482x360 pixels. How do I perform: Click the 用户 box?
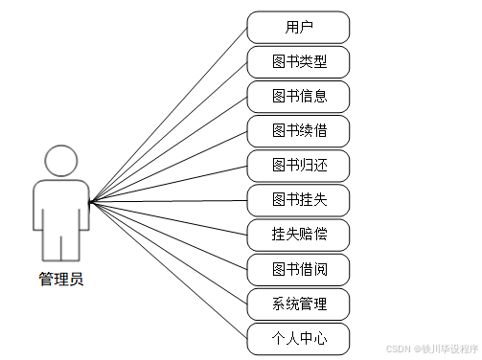[x=299, y=27]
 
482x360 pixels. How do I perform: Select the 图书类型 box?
[x=299, y=62]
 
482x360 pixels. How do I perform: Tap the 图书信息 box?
[x=299, y=97]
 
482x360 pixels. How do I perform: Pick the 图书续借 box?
[x=299, y=131]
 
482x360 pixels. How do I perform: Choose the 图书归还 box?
[x=299, y=166]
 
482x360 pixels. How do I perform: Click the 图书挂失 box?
[x=299, y=200]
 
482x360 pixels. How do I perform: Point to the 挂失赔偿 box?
[x=299, y=235]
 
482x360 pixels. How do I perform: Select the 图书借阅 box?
[x=299, y=269]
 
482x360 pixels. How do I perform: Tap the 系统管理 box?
[x=299, y=304]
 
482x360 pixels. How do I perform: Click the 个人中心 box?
[x=299, y=339]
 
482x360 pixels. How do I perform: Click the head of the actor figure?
[x=61, y=160]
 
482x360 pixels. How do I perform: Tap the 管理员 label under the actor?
[x=61, y=280]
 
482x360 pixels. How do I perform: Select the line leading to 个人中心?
[x=168, y=270]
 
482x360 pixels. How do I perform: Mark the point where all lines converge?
[x=89, y=202]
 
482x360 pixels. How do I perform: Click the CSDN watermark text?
[x=426, y=350]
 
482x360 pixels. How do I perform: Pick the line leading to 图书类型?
[x=168, y=132]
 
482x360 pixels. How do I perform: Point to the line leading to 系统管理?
[x=168, y=253]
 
